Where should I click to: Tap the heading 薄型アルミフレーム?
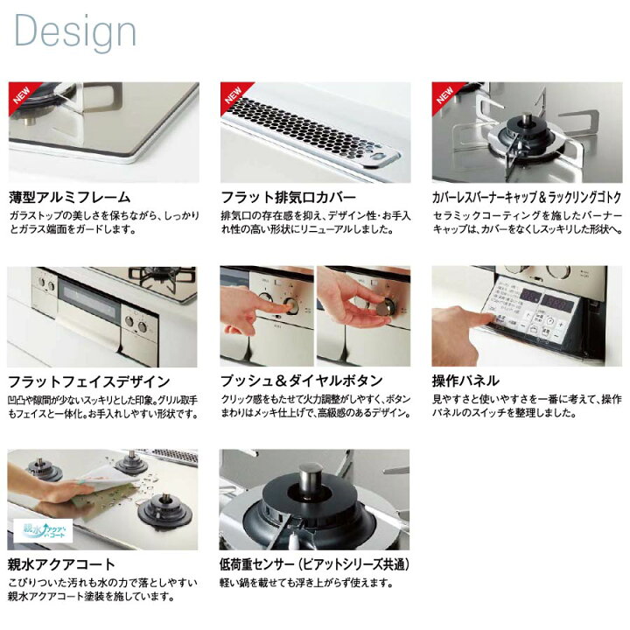pos(69,197)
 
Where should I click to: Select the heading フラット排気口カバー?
pos(288,197)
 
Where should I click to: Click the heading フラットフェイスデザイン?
pos(88,381)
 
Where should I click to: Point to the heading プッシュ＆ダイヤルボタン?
pos(301,381)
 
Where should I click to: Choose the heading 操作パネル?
pos(465,381)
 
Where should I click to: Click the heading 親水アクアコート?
pos(61,564)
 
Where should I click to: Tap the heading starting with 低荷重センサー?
pos(314,564)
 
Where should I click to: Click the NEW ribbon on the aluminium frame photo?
pos(22,94)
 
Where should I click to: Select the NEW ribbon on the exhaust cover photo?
pos(234,94)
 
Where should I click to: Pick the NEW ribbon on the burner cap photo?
pos(445,94)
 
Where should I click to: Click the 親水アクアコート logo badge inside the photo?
pos(43,530)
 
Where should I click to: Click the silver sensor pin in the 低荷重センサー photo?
pos(310,477)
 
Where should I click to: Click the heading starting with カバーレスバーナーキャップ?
pos(527,197)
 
